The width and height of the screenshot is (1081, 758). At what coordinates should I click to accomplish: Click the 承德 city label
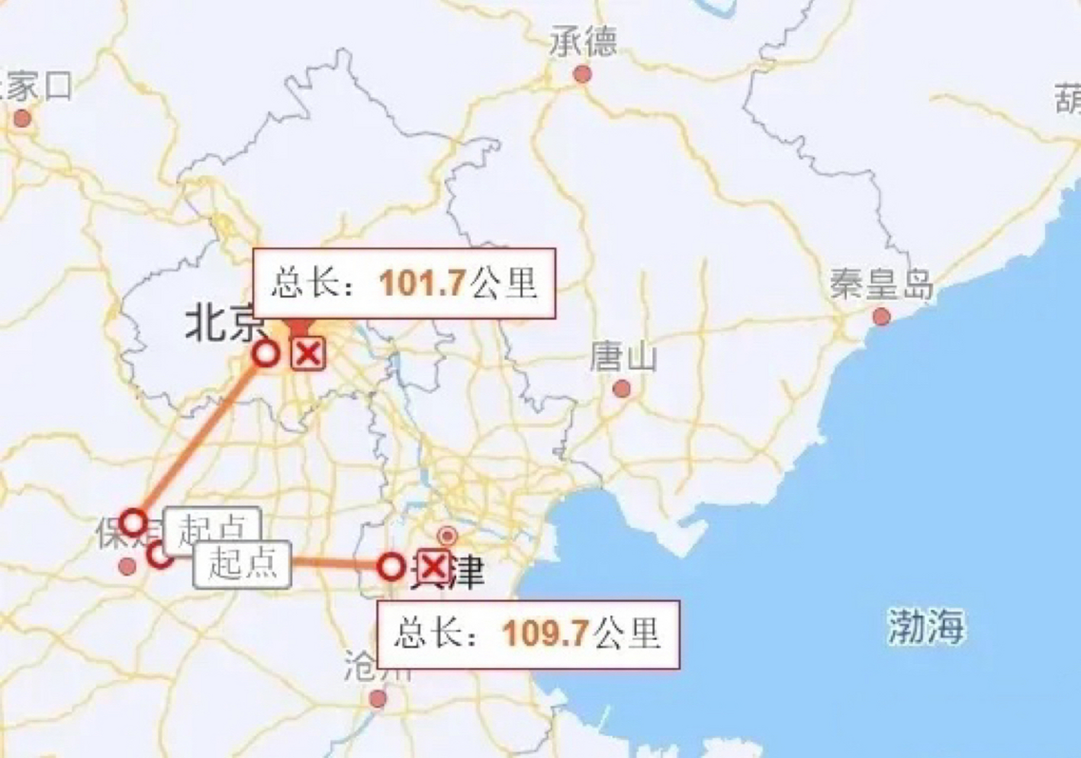click(583, 41)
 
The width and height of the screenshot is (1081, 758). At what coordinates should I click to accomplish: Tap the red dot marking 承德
click(583, 75)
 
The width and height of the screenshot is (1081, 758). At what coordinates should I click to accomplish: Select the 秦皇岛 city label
click(881, 284)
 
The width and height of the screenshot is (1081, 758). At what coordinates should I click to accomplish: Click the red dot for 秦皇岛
click(881, 316)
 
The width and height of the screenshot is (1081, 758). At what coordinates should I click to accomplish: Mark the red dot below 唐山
click(621, 389)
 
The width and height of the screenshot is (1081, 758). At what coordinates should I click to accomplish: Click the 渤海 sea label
click(925, 626)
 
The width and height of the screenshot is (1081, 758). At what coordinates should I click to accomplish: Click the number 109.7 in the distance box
click(545, 633)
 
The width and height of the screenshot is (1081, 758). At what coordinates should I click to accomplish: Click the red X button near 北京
click(308, 354)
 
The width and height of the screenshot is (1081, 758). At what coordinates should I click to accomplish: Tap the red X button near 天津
click(434, 567)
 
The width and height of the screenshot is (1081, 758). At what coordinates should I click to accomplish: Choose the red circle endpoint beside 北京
click(266, 354)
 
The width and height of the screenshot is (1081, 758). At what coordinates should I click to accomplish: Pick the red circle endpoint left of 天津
click(391, 567)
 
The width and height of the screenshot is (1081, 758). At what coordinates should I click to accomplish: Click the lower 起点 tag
click(242, 564)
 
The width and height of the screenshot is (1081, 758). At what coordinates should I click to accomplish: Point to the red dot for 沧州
click(378, 699)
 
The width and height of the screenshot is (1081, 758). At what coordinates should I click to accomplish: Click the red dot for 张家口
click(22, 118)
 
